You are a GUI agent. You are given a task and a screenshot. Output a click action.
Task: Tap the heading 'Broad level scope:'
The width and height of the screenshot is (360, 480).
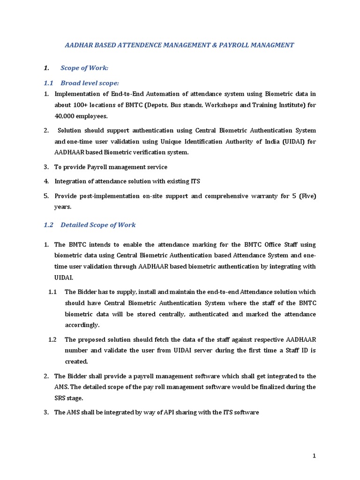coord(90,83)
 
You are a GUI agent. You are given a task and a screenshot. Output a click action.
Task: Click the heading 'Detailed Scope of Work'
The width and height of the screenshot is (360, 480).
coord(98,225)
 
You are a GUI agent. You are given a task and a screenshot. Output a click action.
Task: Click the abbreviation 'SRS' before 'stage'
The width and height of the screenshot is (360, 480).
coord(61,397)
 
